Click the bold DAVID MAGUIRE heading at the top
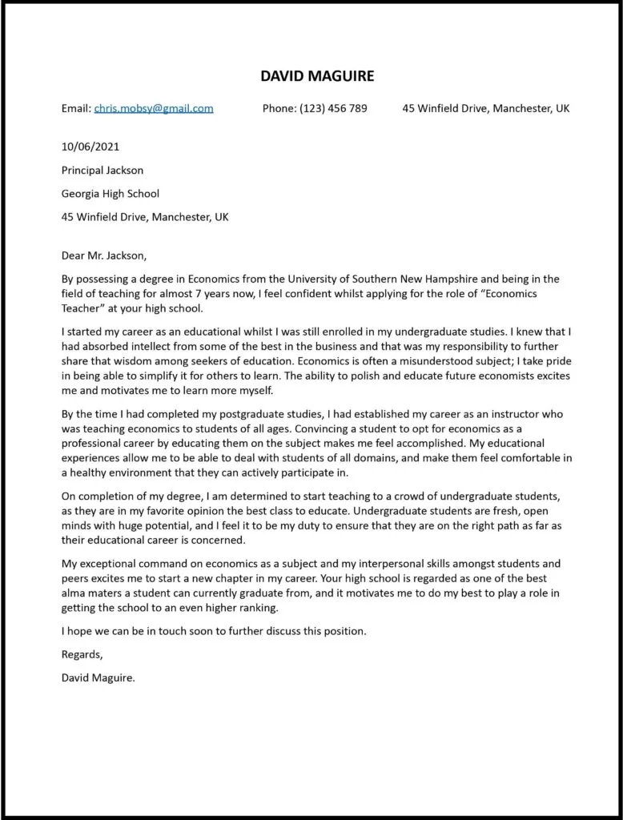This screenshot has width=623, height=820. [317, 76]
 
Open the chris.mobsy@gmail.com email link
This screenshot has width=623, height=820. [154, 108]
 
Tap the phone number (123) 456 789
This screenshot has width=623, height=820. [333, 108]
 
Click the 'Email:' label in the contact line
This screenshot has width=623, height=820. [76, 108]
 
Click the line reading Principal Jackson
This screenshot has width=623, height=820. [102, 170]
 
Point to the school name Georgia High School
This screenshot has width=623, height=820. [111, 193]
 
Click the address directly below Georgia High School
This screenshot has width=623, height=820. [145, 217]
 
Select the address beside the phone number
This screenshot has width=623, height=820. [485, 108]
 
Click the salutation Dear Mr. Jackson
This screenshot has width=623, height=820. [104, 255]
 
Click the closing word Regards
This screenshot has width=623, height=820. [82, 654]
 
